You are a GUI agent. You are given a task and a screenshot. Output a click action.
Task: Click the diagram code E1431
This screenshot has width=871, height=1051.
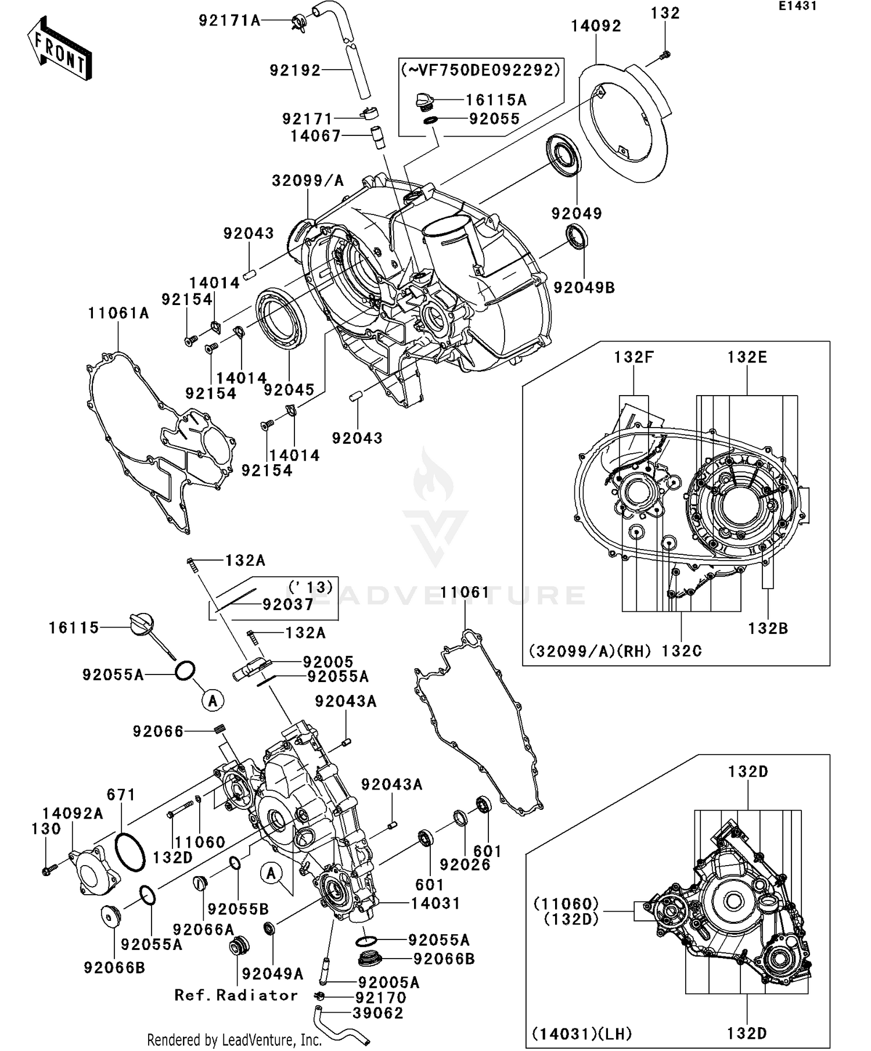click(x=797, y=6)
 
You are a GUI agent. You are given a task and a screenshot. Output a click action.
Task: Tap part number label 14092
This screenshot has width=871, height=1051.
click(x=596, y=26)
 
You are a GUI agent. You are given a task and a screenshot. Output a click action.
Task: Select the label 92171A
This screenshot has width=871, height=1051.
click(x=230, y=21)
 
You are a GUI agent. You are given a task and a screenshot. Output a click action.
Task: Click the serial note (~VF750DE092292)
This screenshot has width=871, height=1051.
click(x=481, y=70)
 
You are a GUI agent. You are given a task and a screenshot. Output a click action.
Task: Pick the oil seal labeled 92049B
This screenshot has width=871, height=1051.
click(x=577, y=238)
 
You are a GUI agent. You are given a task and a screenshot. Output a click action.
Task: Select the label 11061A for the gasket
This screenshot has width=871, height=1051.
click(x=118, y=314)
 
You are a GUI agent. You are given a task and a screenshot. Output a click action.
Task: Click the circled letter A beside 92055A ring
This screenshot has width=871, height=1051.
click(x=213, y=701)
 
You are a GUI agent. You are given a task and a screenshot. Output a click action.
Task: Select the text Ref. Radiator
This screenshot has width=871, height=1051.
click(x=236, y=995)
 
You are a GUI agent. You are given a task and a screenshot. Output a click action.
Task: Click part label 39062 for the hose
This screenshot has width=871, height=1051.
click(x=377, y=1013)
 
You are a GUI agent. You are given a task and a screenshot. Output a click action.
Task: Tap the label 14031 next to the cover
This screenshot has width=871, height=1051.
click(x=435, y=903)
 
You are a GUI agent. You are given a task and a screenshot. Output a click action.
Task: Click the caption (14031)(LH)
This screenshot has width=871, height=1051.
click(x=581, y=1034)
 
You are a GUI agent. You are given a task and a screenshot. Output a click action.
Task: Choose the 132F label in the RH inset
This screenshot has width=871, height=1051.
click(x=634, y=357)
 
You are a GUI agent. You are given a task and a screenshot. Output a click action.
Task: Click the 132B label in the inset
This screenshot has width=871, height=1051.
click(x=768, y=628)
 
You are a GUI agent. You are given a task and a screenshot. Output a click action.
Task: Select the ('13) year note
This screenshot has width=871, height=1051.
click(x=311, y=587)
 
